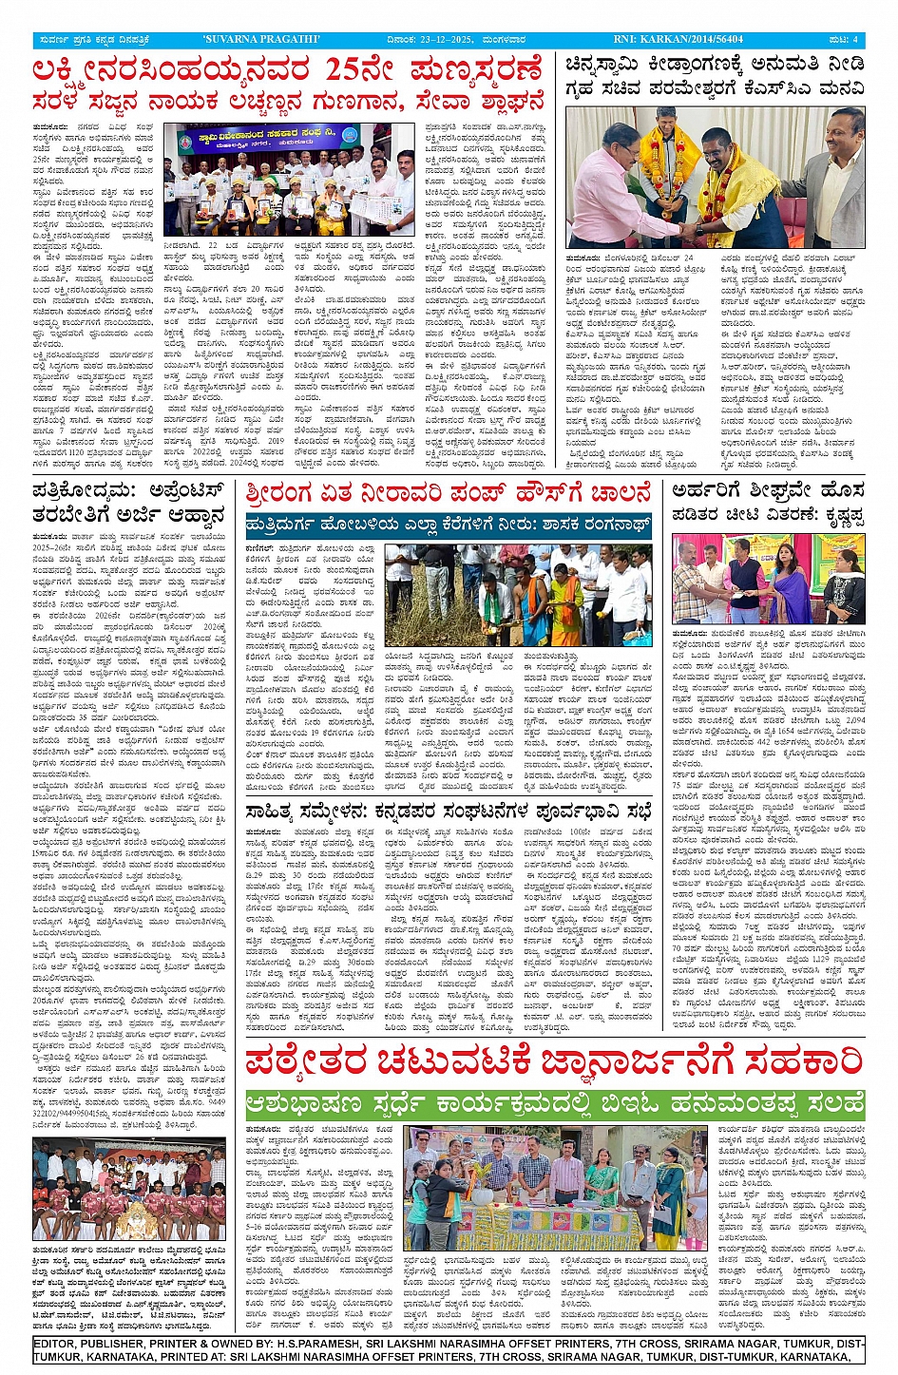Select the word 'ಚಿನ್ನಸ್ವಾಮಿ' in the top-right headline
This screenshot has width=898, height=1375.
tap(607, 65)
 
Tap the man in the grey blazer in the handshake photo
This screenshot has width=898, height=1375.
tap(831, 181)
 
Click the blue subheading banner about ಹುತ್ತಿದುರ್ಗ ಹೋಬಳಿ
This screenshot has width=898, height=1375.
tap(448, 525)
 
